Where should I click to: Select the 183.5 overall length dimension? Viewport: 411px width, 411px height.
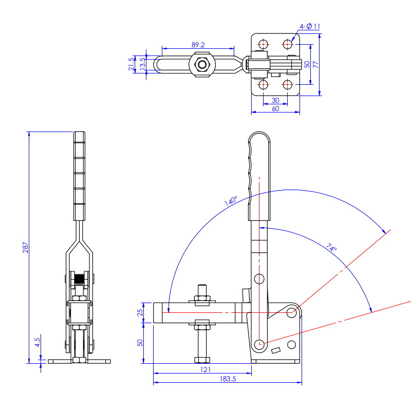228,379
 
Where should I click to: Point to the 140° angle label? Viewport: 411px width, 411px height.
231,201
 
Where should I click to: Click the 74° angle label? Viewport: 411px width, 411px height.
332,248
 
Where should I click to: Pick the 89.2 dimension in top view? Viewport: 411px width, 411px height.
198,45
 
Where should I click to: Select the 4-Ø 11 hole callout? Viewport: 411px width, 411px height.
311,26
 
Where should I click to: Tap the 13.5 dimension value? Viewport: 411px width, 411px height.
142,64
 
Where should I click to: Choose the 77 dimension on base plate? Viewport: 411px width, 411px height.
315,64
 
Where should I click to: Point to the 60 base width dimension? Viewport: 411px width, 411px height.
275,108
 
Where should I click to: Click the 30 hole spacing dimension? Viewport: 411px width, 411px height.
275,100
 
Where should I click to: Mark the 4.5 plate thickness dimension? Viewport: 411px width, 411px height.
38,342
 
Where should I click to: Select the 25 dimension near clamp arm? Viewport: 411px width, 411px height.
140,313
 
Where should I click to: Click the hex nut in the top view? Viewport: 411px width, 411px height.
203,65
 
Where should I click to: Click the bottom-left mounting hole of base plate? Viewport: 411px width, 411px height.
263,84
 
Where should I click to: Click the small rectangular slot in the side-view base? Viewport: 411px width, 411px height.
275,351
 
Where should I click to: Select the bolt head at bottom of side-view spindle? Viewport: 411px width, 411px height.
201,359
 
